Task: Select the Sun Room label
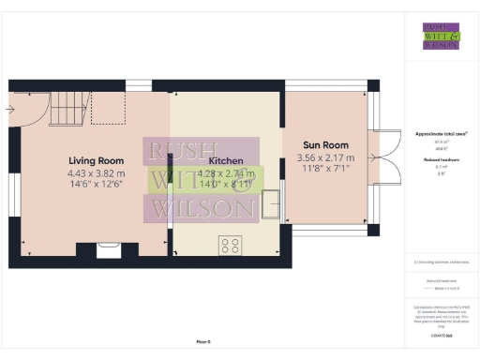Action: tap(325, 145)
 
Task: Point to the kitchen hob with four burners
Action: tap(230, 245)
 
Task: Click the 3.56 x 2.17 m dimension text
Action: tap(325, 158)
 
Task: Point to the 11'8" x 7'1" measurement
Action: tap(325, 170)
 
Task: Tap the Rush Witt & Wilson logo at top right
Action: tap(441, 35)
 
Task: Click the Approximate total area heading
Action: tap(441, 134)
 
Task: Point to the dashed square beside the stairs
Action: tap(108, 109)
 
